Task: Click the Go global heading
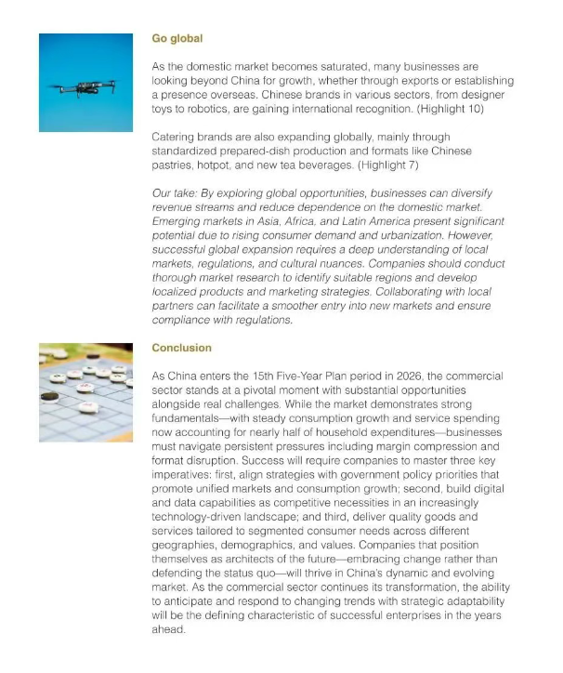tap(177, 39)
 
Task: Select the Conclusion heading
tap(181, 348)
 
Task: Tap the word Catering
tap(175, 137)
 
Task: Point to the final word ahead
tap(168, 629)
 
